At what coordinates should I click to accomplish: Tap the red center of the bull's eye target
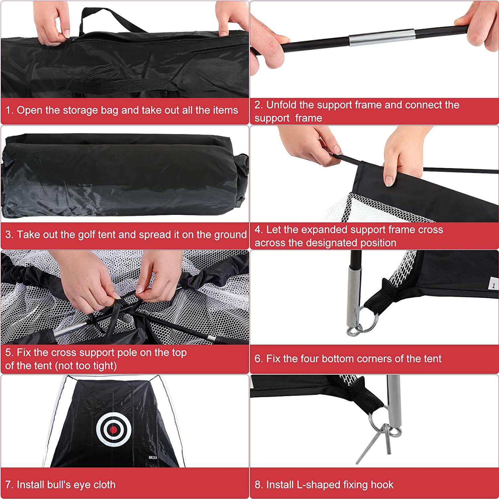pyautogui.click(x=113, y=430)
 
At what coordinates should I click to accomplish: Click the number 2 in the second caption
pyautogui.click(x=257, y=105)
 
